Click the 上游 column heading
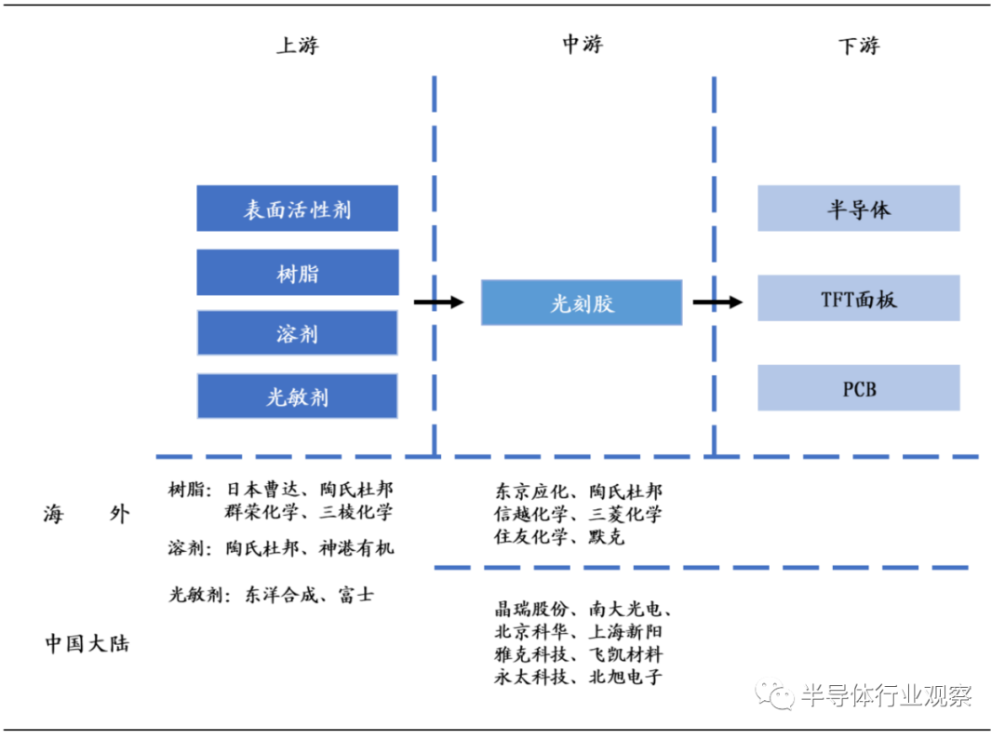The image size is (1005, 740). click(x=297, y=46)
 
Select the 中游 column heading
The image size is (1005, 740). click(x=583, y=45)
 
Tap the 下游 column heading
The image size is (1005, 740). click(x=858, y=46)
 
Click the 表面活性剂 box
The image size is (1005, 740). click(x=297, y=209)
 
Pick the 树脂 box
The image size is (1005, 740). click(x=297, y=273)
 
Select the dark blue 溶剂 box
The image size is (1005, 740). click(x=297, y=333)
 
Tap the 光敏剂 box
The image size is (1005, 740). click(x=297, y=397)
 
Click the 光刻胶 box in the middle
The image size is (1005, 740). click(x=582, y=303)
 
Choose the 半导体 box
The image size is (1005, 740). click(x=858, y=209)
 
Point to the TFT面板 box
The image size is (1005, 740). click(x=858, y=299)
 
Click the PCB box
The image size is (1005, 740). click(x=858, y=388)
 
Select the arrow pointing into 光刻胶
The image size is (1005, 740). click(x=438, y=302)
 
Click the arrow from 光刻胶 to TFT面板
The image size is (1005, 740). click(x=717, y=302)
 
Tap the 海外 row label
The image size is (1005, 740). click(x=87, y=515)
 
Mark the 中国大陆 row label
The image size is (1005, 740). click(x=87, y=643)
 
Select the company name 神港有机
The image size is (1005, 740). click(x=356, y=547)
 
